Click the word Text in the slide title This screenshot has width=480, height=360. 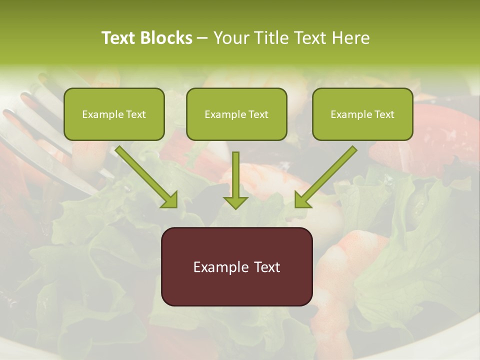119,38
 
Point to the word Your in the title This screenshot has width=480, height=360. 230,38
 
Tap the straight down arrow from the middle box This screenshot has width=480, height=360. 235,177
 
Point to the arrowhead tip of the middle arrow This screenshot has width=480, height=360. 235,207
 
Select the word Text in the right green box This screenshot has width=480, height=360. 384,114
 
